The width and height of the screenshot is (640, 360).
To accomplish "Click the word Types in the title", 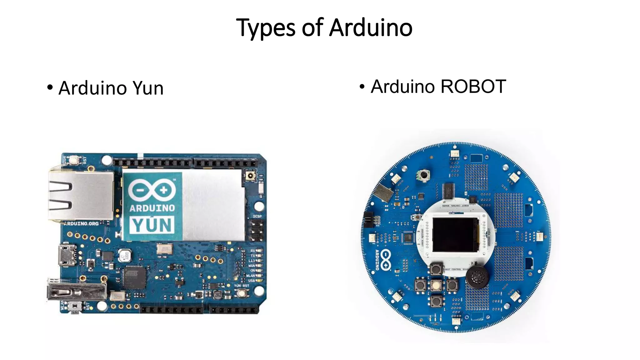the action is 265,28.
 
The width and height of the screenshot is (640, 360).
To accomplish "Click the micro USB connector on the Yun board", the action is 67,255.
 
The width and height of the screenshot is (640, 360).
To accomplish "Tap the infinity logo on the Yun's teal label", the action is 152,190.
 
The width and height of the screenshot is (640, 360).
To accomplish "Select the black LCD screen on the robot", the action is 455,235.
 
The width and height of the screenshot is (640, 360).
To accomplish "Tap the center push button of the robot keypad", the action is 436,285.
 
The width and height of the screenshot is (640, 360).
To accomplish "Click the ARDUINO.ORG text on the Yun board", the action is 82,223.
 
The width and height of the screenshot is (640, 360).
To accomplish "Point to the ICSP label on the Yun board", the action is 257,216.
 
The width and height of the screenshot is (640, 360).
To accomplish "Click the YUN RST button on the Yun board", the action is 241,293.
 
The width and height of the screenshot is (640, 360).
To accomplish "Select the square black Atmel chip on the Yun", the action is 135,277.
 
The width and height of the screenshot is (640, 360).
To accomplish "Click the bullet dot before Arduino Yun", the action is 50,87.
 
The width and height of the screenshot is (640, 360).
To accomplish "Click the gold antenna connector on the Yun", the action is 250,176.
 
